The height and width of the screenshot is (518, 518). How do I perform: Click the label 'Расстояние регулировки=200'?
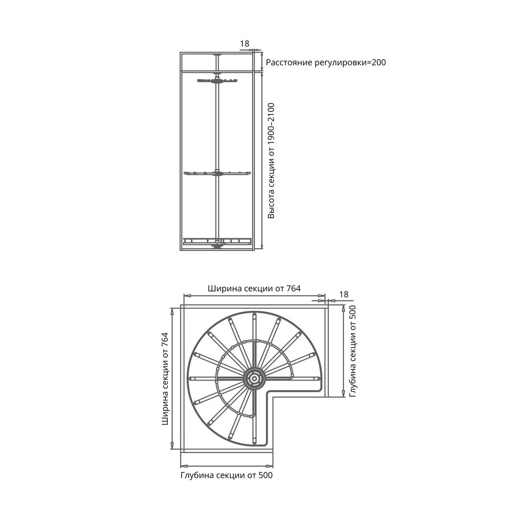[x=326, y=63]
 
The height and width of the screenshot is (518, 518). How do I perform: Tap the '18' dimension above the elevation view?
[x=244, y=44]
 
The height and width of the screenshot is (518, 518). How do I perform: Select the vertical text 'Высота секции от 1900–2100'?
[x=271, y=161]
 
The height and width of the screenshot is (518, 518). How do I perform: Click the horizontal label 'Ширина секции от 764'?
[x=254, y=289]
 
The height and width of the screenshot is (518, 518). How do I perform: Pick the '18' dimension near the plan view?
[x=343, y=294]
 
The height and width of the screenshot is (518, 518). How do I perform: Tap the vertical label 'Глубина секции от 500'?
[x=352, y=351]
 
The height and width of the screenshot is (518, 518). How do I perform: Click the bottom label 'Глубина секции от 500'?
[x=227, y=476]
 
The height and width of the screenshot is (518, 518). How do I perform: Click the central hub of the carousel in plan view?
[x=254, y=379]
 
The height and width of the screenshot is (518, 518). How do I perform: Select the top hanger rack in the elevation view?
[x=218, y=80]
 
